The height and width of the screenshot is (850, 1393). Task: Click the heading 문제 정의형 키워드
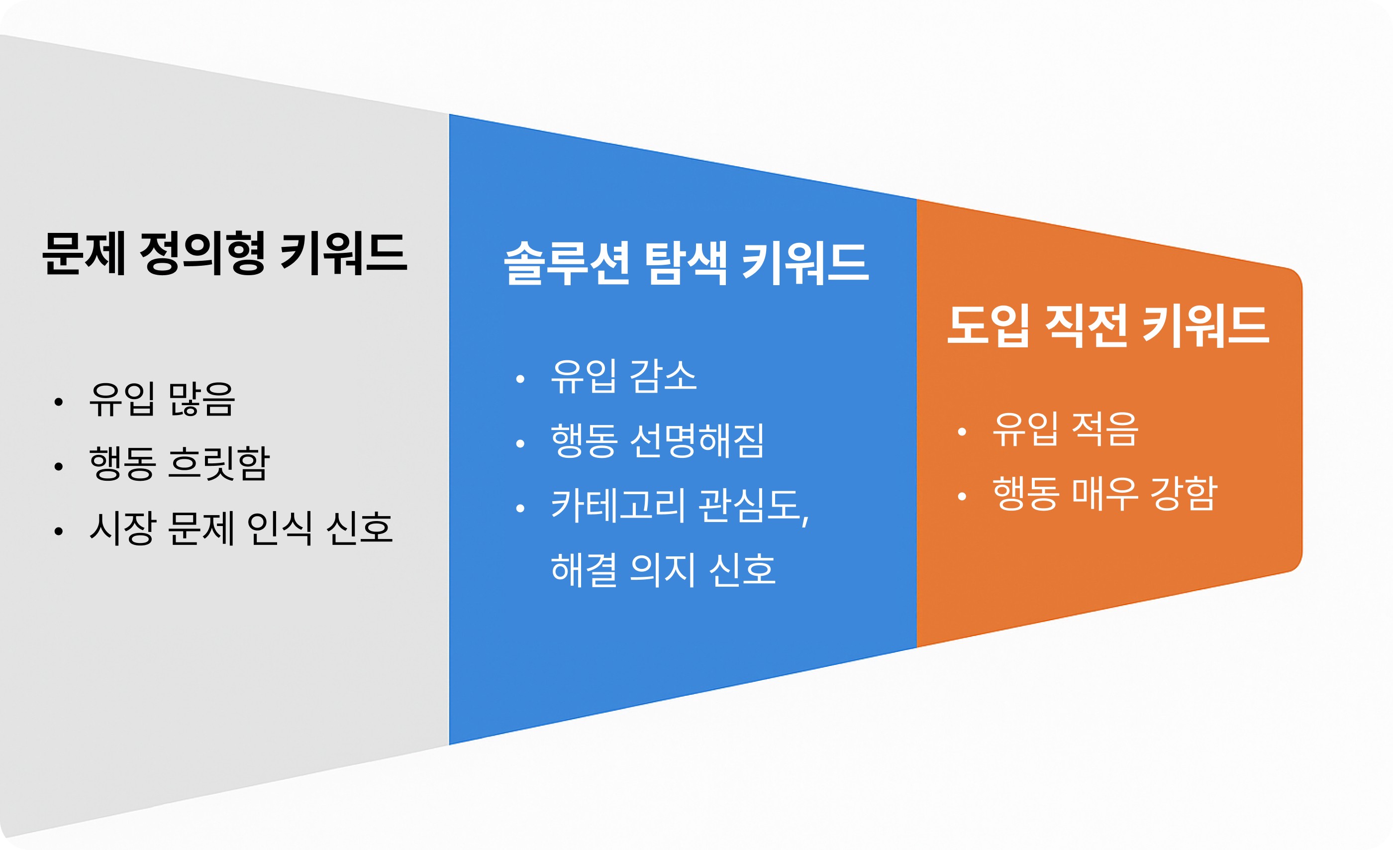pyautogui.click(x=224, y=254)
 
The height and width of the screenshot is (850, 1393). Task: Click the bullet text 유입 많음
pyautogui.click(x=162, y=399)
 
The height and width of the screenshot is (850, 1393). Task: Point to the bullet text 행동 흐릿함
pyautogui.click(x=179, y=464)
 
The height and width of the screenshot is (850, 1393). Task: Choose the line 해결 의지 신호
pyautogui.click(x=663, y=569)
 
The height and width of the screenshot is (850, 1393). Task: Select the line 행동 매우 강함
pyautogui.click(x=1104, y=494)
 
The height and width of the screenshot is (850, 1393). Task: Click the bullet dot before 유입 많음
pyautogui.click(x=58, y=402)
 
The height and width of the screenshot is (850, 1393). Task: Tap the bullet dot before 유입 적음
pyautogui.click(x=962, y=432)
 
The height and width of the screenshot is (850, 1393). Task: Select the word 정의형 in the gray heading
pyautogui.click(x=202, y=254)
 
